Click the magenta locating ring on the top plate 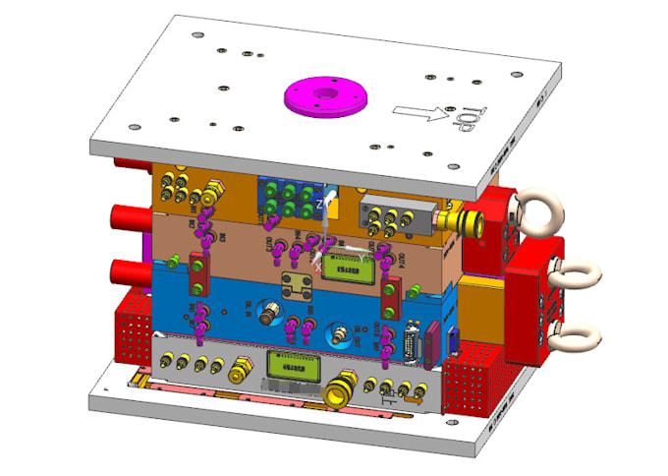[324, 98]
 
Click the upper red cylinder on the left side [132, 214]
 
